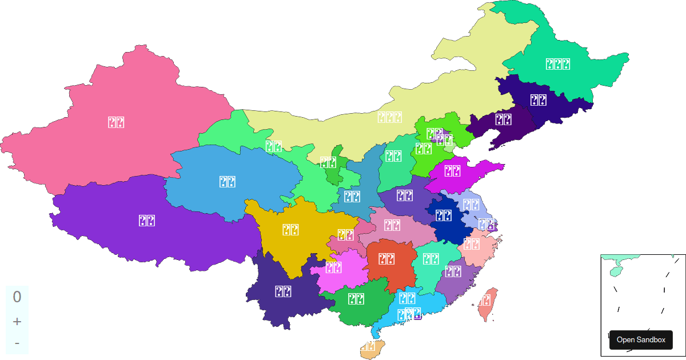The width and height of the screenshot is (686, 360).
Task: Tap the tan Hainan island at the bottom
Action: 370,347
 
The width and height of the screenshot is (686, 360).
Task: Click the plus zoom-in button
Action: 17,321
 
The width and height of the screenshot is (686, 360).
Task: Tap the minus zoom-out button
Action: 17,343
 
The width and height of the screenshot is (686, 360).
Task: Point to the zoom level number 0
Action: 17,297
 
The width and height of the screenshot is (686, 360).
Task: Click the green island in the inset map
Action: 616,270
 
